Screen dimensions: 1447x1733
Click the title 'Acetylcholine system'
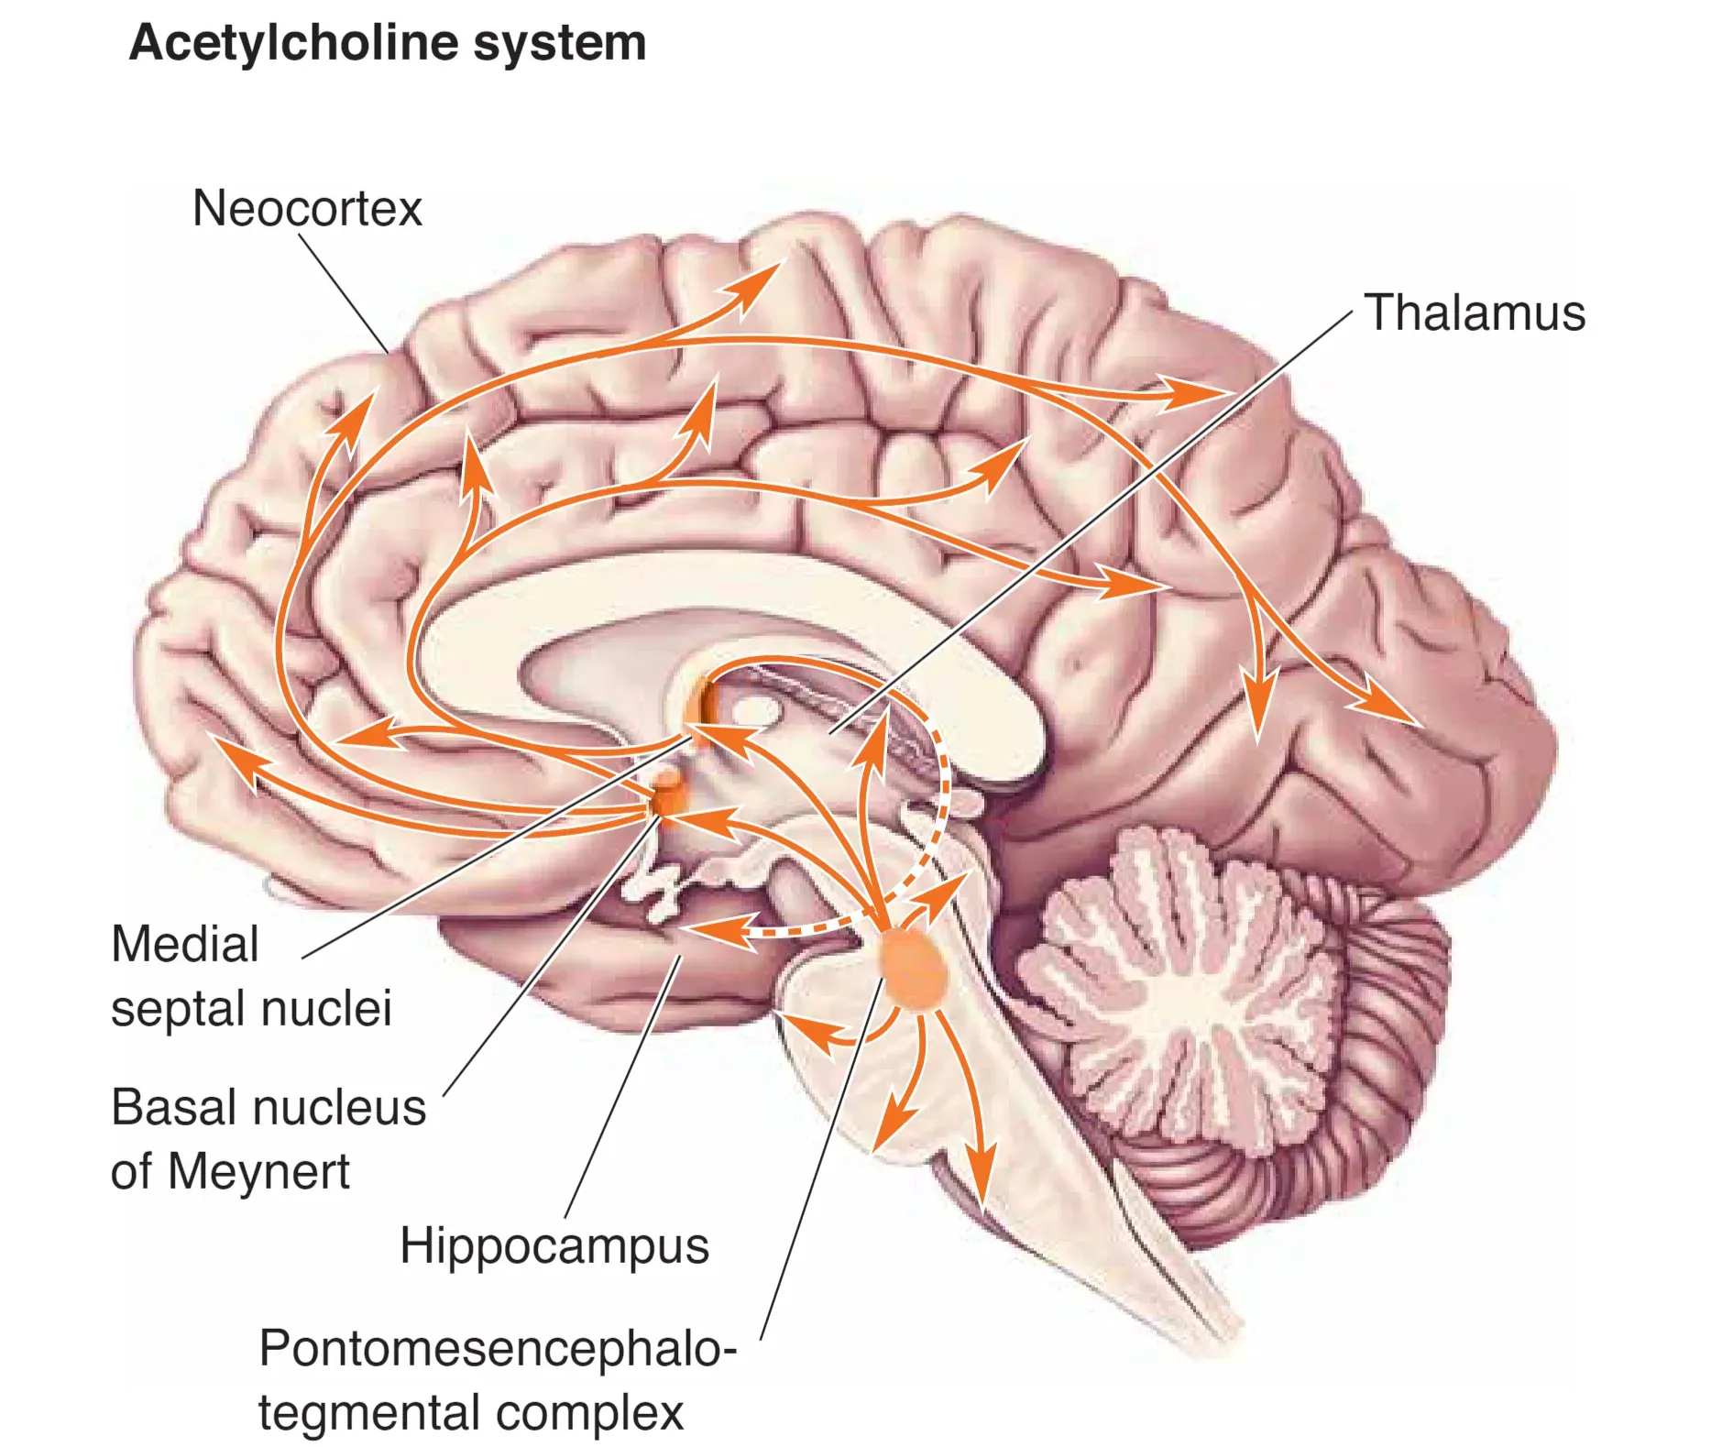(388, 43)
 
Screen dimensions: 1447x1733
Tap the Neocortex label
(307, 209)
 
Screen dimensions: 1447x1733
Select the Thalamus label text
(1475, 312)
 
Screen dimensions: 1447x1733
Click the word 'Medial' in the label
(185, 944)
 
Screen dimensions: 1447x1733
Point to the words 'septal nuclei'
(251, 1008)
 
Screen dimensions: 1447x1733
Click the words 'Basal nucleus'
(269, 1107)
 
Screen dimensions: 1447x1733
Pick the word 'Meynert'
(258, 1171)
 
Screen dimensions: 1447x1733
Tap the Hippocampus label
(554, 1245)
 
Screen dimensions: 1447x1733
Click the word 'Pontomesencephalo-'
(498, 1348)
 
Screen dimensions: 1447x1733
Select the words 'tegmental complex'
(471, 1412)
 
